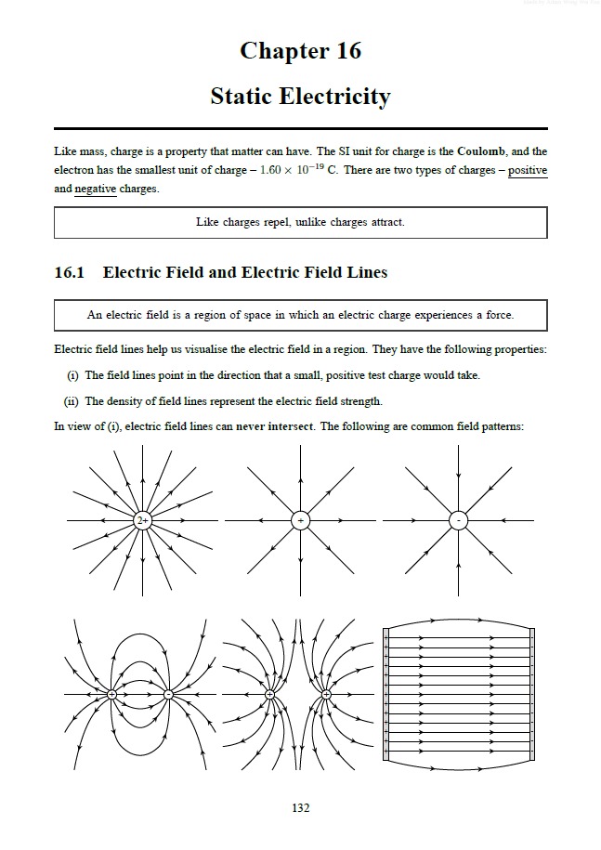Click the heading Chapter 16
(x=300, y=50)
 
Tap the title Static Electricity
(x=300, y=96)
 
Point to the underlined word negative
(x=96, y=189)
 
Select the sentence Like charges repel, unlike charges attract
(x=300, y=222)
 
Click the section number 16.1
(x=70, y=272)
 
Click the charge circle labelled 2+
(x=142, y=520)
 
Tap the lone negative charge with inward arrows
(x=458, y=520)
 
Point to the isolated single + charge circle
(x=300, y=520)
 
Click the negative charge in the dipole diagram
(x=168, y=694)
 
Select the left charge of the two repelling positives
(x=270, y=694)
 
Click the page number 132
(x=300, y=808)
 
